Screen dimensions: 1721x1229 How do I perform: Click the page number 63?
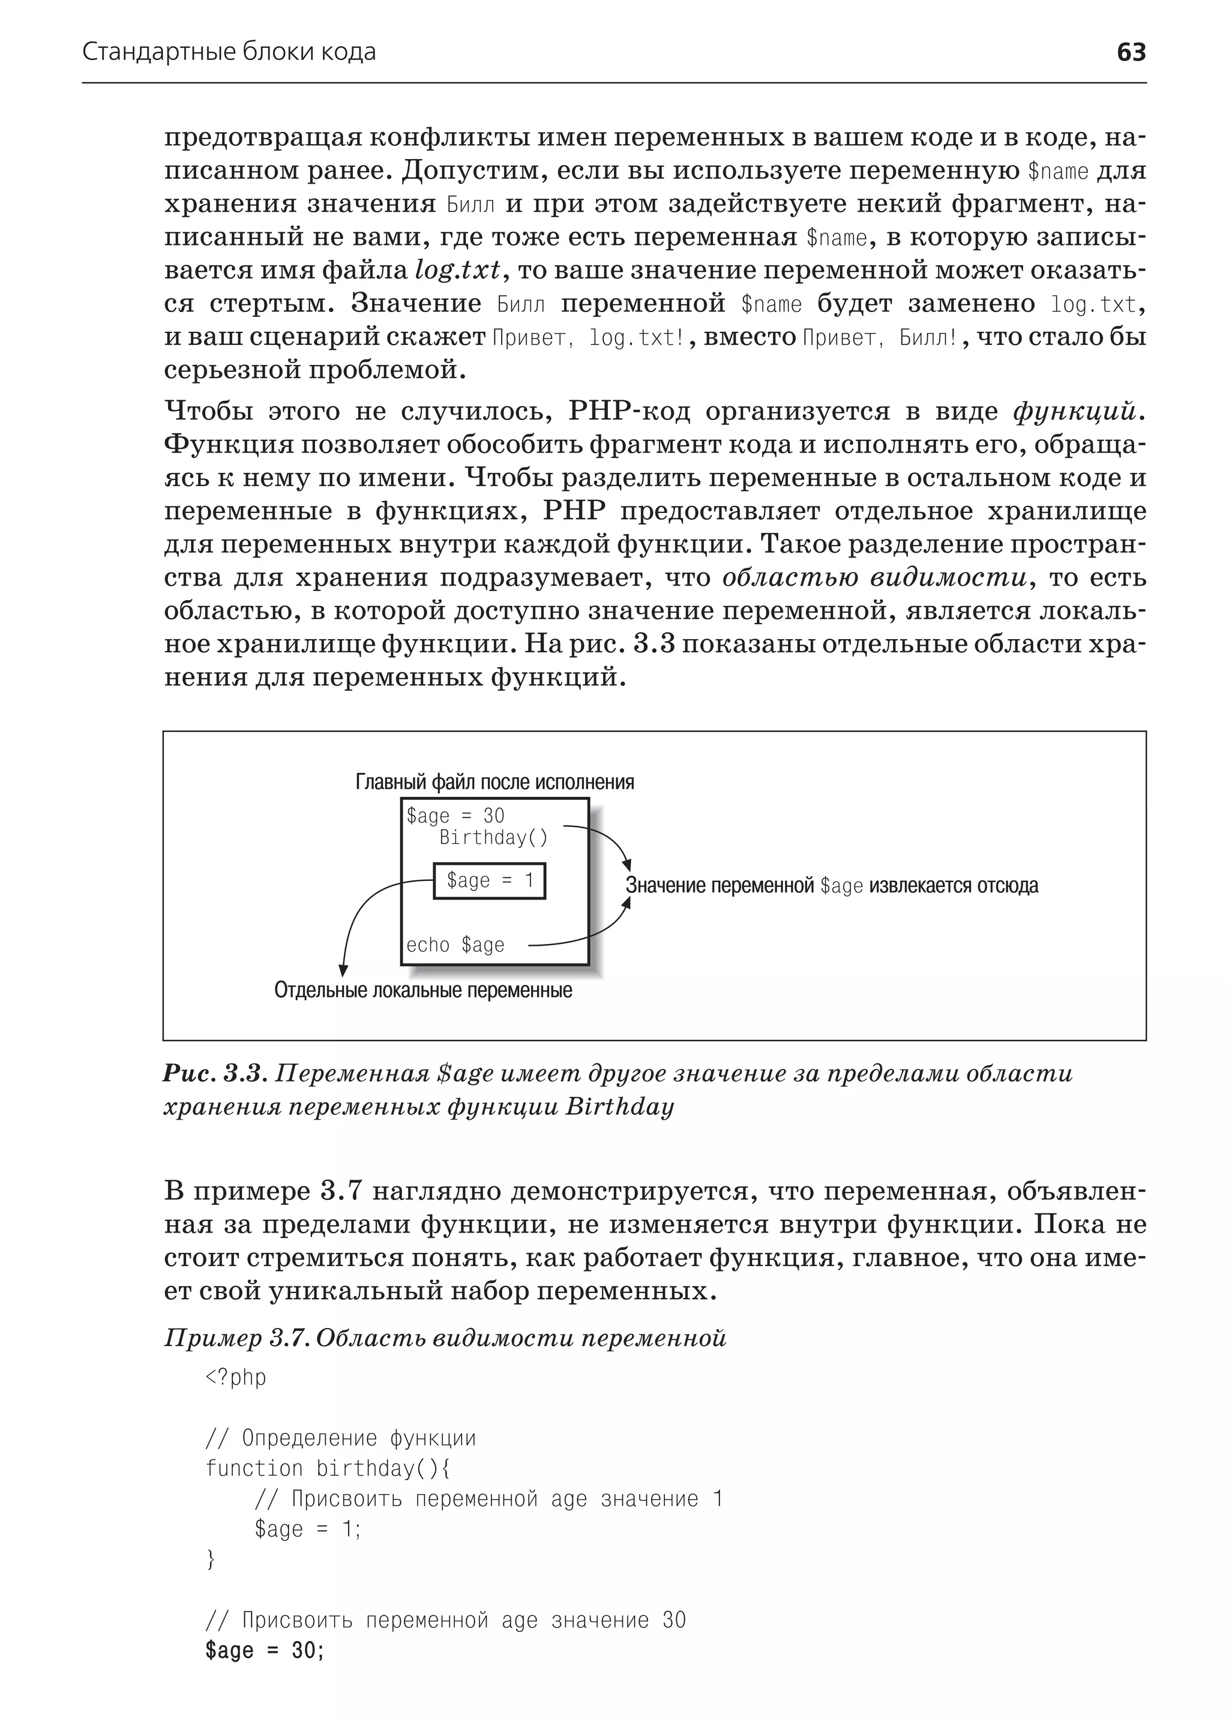pyautogui.click(x=1131, y=52)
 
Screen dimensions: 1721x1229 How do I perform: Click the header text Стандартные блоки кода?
pyautogui.click(x=229, y=52)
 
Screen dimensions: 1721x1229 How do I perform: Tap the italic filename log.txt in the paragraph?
pyautogui.click(x=457, y=270)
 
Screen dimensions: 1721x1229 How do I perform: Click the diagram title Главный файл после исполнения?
pyautogui.click(x=494, y=782)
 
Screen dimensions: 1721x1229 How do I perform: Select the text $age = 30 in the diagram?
pyautogui.click(x=455, y=816)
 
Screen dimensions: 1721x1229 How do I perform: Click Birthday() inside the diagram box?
pyautogui.click(x=493, y=838)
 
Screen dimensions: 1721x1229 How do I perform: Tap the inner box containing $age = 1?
pyautogui.click(x=489, y=881)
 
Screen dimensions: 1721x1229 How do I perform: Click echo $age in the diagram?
pyautogui.click(x=455, y=945)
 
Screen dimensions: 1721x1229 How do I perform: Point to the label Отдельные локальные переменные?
pyautogui.click(x=423, y=991)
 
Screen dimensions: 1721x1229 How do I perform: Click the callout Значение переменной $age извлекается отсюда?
pyautogui.click(x=831, y=886)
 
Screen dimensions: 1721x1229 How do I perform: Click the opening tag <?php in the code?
pyautogui.click(x=235, y=1377)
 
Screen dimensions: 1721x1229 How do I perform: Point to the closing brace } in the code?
pyautogui.click(x=211, y=1560)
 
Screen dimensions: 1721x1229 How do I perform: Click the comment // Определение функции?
pyautogui.click(x=340, y=1438)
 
